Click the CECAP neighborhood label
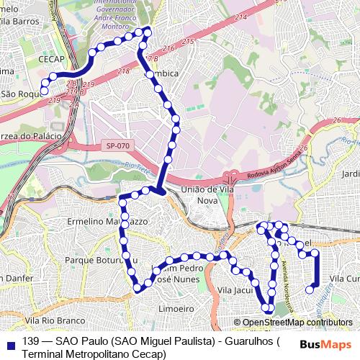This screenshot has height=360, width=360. tap(53, 60)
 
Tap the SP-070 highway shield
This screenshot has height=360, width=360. tap(114, 145)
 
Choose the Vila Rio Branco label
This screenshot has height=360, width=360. tap(50, 319)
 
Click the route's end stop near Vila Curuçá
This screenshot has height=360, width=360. tap(310, 289)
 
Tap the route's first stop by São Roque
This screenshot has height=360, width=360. tap(45, 91)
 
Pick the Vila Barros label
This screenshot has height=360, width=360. tap(19, 22)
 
